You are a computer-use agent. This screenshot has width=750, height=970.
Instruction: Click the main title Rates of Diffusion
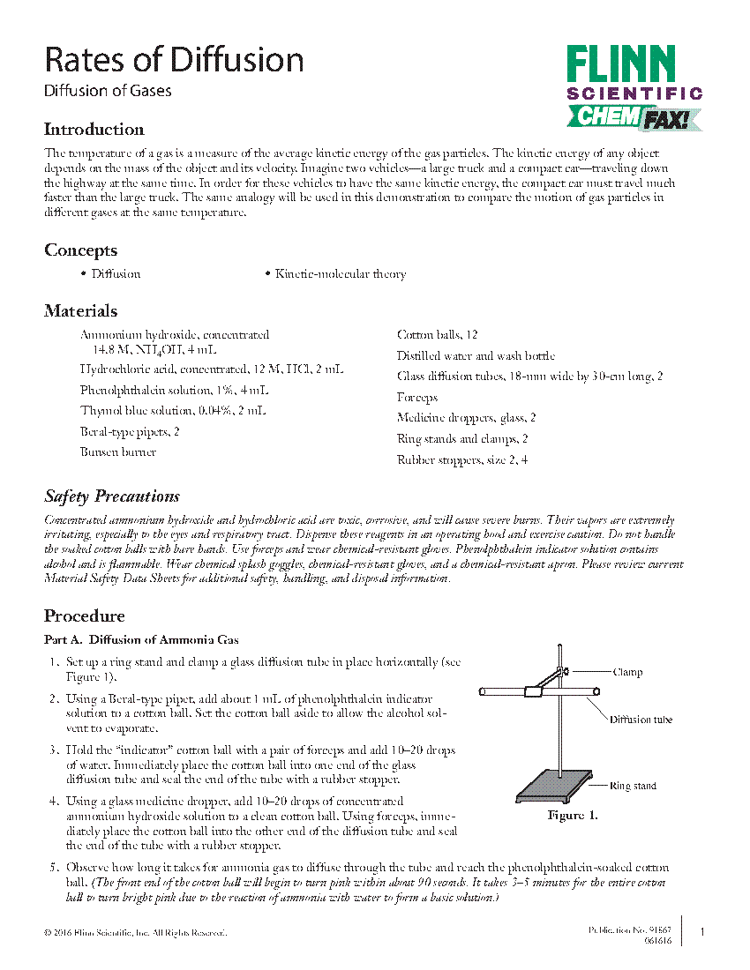click(174, 61)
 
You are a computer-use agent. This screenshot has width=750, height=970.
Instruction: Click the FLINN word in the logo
click(620, 66)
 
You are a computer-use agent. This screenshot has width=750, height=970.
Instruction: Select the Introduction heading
click(94, 130)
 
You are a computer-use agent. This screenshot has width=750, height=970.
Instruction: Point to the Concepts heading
click(80, 250)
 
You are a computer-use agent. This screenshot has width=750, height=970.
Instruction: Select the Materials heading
click(80, 311)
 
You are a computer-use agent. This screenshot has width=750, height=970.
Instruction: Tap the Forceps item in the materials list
click(416, 398)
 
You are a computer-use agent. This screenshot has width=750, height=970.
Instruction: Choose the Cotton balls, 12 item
click(437, 335)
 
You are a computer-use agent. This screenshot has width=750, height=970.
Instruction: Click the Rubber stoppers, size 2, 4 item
click(461, 460)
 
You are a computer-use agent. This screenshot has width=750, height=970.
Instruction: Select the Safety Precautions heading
click(112, 496)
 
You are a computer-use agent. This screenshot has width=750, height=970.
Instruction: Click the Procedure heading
click(84, 616)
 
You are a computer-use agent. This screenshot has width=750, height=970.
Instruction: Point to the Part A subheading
click(141, 640)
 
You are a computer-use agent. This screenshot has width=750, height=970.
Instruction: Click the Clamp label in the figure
click(627, 672)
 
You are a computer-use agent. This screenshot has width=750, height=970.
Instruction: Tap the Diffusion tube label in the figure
click(641, 720)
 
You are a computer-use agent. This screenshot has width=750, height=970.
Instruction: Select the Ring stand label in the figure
click(633, 786)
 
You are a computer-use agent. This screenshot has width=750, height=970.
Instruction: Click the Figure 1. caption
click(573, 816)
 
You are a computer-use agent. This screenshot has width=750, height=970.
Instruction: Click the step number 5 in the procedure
click(54, 868)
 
